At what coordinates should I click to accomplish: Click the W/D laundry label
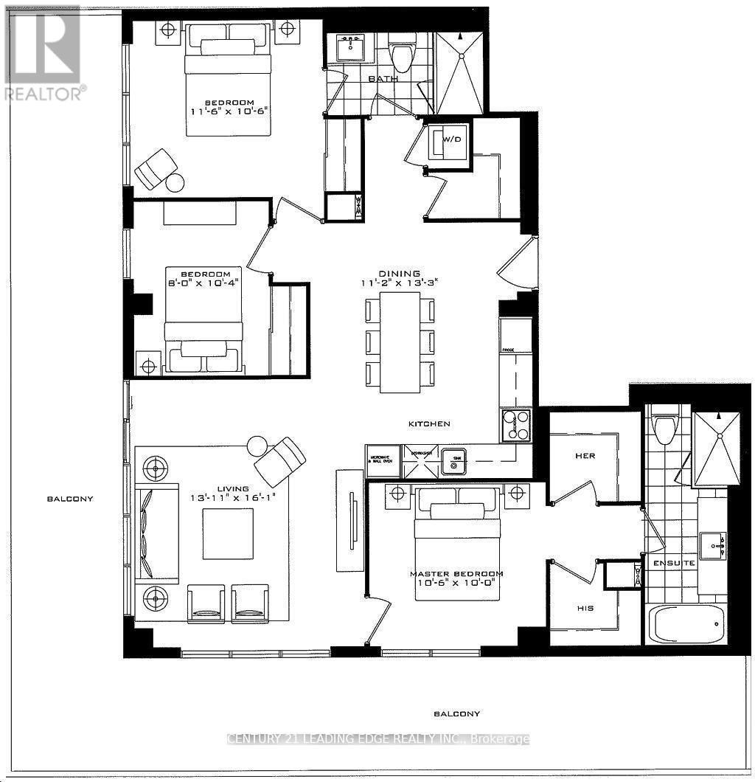tap(451, 139)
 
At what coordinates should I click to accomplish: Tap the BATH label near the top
tap(383, 78)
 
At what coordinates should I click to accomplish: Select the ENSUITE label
tap(673, 563)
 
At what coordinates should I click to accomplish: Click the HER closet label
tap(585, 456)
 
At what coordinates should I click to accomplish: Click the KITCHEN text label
tap(430, 424)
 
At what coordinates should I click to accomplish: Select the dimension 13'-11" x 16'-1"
tap(229, 498)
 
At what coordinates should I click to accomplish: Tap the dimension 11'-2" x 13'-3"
tap(400, 283)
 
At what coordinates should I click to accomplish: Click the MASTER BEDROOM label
tap(456, 574)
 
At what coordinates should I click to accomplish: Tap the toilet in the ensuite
tap(666, 428)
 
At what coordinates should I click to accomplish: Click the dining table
tap(400, 342)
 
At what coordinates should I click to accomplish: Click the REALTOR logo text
tap(44, 94)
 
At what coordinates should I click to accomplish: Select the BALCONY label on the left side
tap(70, 499)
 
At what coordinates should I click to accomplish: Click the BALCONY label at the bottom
tap(456, 713)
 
